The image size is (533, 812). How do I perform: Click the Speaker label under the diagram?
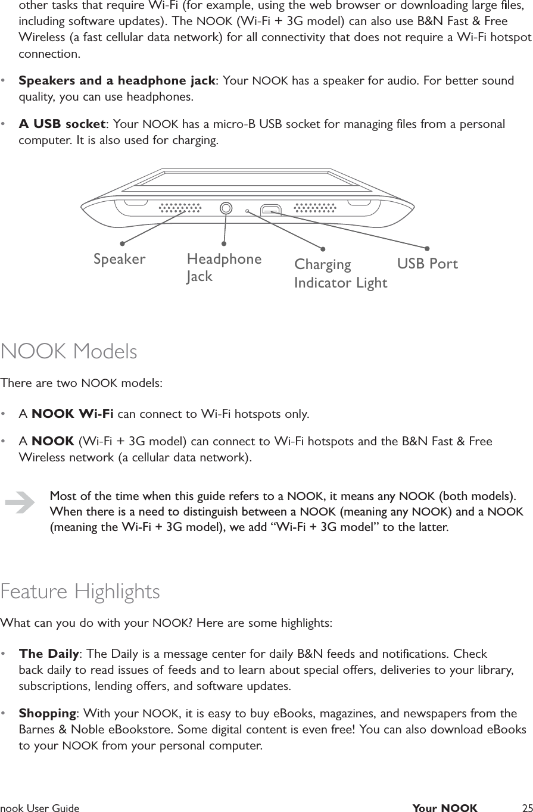[x=119, y=260]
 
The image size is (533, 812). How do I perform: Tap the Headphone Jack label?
[x=224, y=267]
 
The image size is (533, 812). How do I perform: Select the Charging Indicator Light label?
[x=340, y=273]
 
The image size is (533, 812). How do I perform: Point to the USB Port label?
[x=427, y=264]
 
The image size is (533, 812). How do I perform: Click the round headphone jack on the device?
[x=226, y=208]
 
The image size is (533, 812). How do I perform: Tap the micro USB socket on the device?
[x=271, y=210]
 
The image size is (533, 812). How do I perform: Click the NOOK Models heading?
[x=69, y=351]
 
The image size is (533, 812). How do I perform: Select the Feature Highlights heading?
[x=80, y=591]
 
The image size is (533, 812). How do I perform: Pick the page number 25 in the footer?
[x=526, y=808]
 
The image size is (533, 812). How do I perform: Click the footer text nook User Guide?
[x=40, y=808]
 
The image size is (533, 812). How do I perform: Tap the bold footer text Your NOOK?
[x=444, y=808]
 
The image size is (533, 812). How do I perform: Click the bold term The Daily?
[x=49, y=654]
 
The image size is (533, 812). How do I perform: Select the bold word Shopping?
[x=48, y=713]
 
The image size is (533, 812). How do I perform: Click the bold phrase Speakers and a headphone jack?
[x=117, y=80]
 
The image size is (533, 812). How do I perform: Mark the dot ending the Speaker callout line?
[x=121, y=243]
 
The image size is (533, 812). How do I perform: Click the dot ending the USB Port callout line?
[x=427, y=248]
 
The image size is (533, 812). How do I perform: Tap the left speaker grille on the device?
[x=180, y=208]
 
